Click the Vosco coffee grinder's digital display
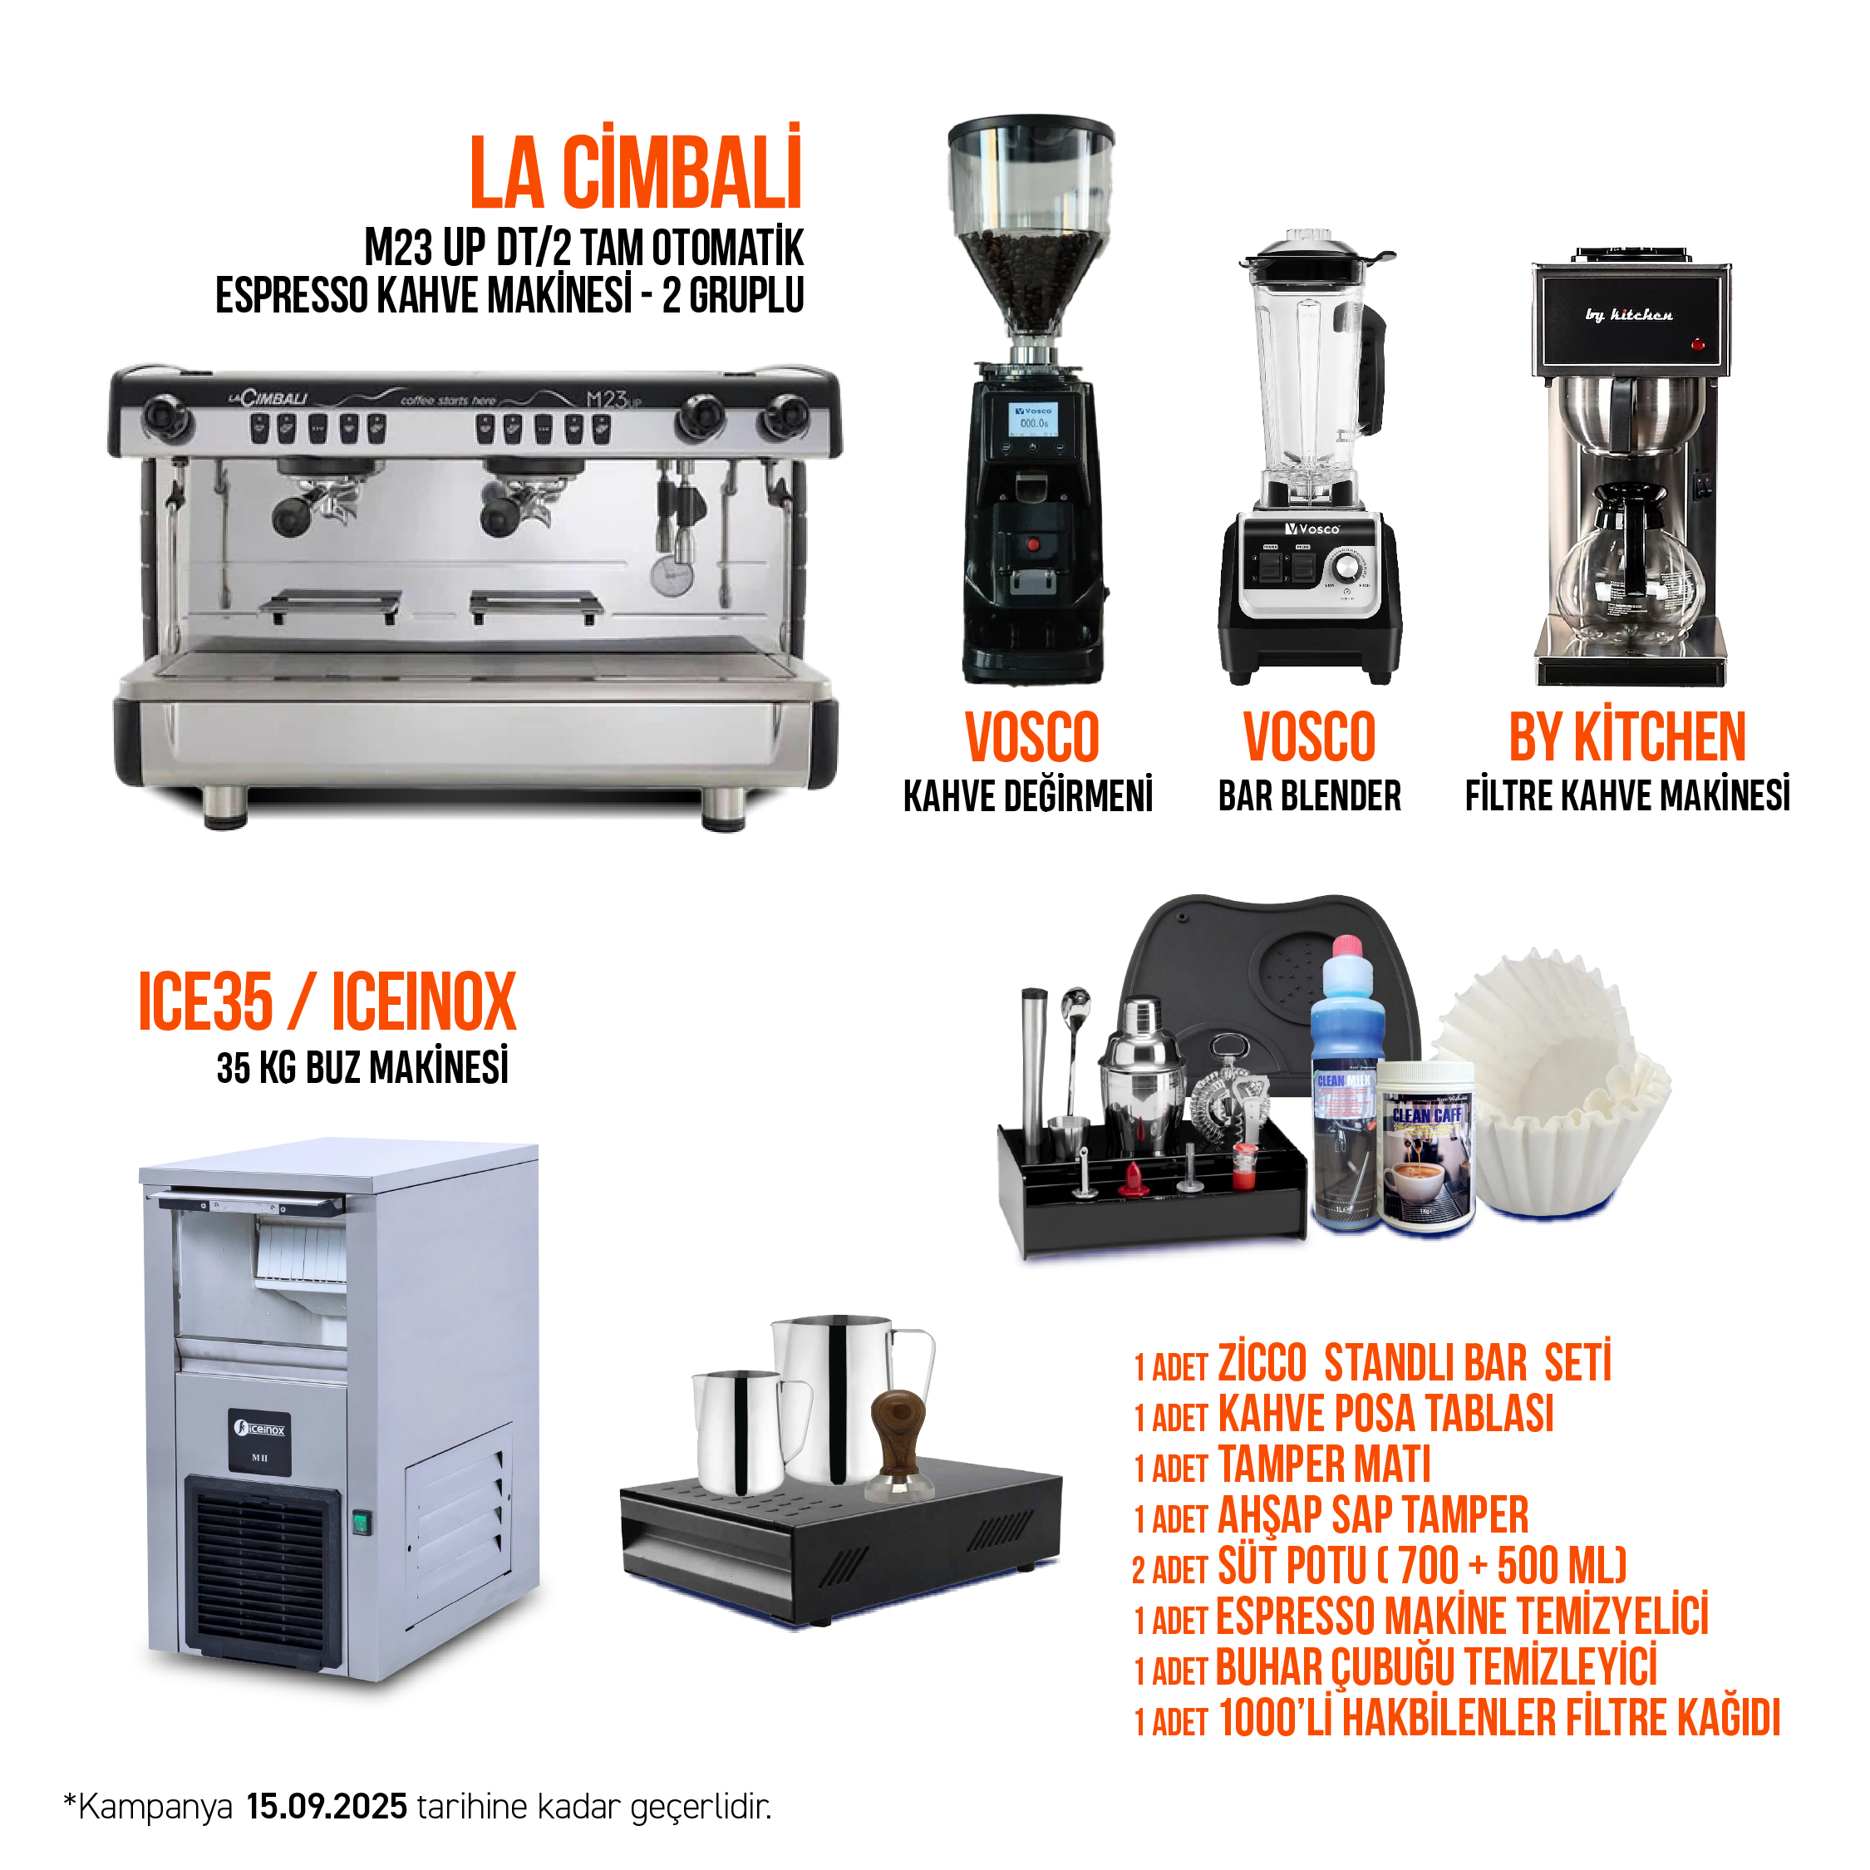(1033, 419)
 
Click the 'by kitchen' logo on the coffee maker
(1629, 313)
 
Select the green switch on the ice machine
(361, 1523)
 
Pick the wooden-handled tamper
(898, 1442)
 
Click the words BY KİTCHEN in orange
(1627, 737)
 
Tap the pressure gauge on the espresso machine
(672, 574)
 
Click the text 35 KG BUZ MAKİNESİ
(363, 1068)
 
